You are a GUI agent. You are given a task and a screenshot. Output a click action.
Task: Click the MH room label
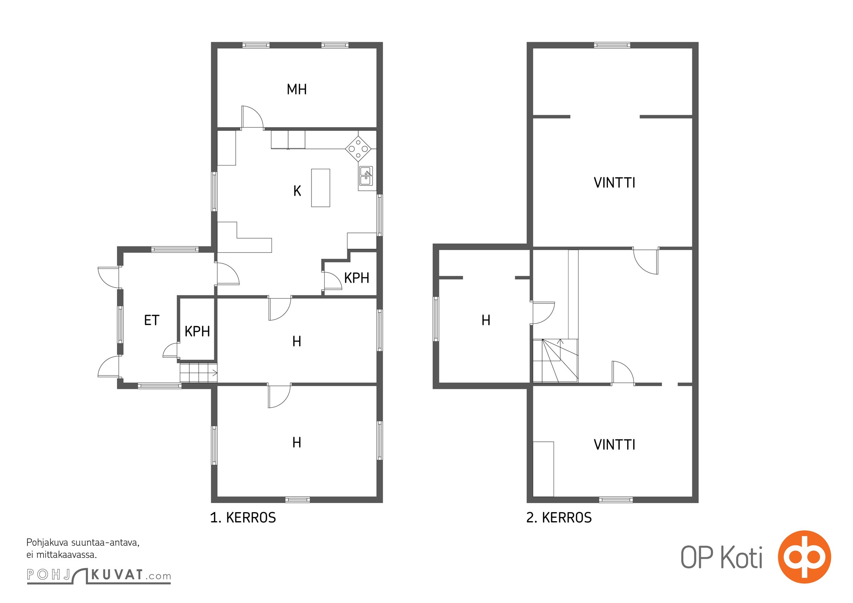pyautogui.click(x=297, y=89)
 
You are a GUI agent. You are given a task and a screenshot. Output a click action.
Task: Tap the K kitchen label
pyautogui.click(x=297, y=191)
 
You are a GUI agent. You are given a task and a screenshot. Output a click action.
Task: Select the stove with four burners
pyautogui.click(x=358, y=148)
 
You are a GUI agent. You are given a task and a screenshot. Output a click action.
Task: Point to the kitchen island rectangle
pyautogui.click(x=321, y=188)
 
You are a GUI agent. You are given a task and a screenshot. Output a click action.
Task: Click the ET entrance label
pyautogui.click(x=152, y=320)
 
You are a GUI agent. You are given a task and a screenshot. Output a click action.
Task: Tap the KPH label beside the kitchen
pyautogui.click(x=357, y=278)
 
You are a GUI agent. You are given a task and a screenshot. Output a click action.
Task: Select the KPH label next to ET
pyautogui.click(x=197, y=332)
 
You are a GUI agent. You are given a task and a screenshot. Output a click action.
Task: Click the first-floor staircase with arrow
pyautogui.click(x=198, y=373)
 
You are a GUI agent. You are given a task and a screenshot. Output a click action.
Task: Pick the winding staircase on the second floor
pyautogui.click(x=555, y=361)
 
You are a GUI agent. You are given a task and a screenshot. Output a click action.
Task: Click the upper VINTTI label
pyautogui.click(x=614, y=183)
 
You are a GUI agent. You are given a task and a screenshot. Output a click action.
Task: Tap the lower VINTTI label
pyautogui.click(x=614, y=445)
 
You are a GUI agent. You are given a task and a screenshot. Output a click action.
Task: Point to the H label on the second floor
pyautogui.click(x=486, y=320)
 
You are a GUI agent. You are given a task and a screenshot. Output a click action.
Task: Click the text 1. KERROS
pyautogui.click(x=243, y=518)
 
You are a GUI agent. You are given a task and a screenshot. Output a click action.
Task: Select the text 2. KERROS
pyautogui.click(x=559, y=518)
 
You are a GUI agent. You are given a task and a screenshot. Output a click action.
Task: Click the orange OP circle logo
pyautogui.click(x=804, y=557)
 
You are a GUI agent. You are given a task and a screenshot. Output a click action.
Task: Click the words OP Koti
pyautogui.click(x=721, y=557)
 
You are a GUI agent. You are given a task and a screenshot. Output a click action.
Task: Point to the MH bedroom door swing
pyautogui.click(x=252, y=117)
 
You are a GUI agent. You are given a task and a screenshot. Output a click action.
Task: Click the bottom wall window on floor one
pyautogui.click(x=298, y=500)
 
